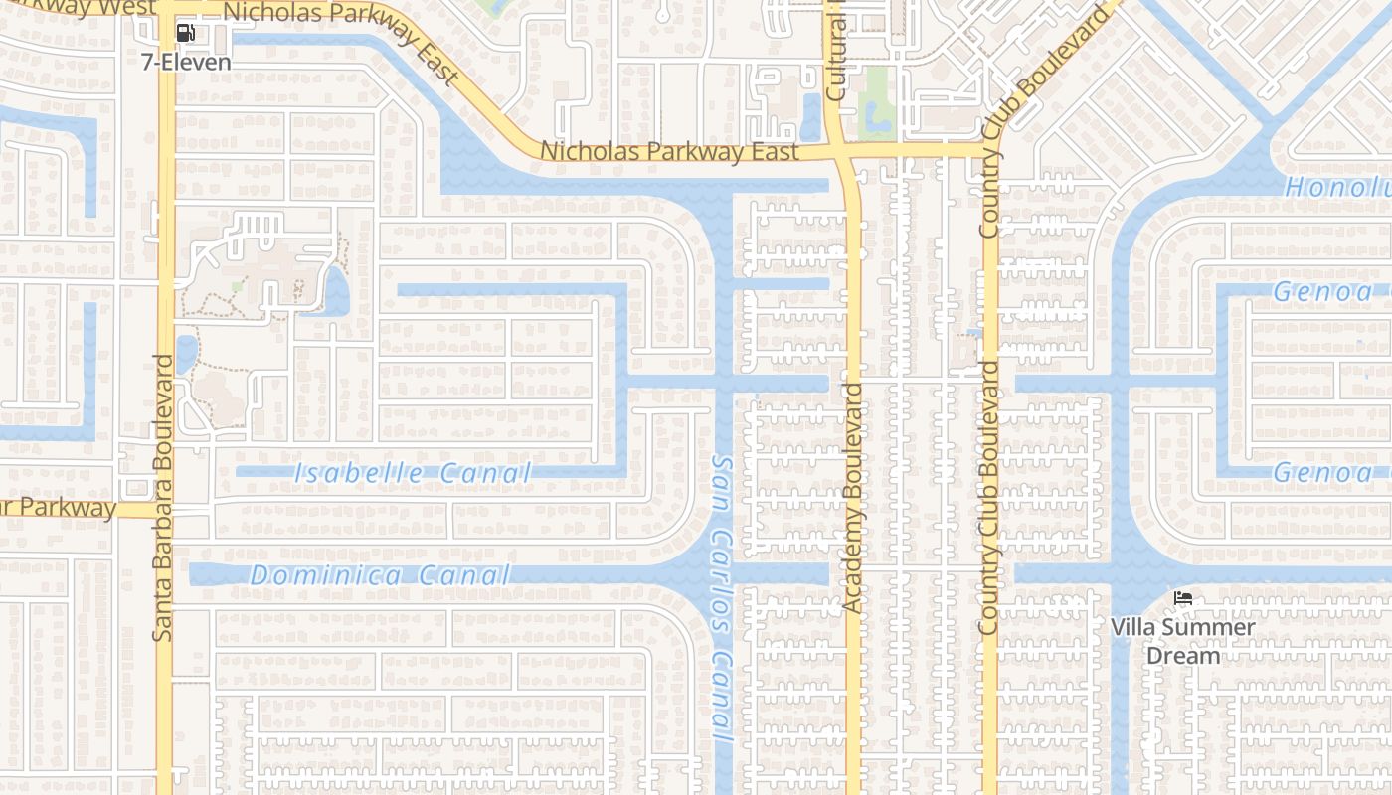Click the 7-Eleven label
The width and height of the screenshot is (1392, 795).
tap(186, 62)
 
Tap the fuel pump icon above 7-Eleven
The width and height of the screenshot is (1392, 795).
tap(185, 33)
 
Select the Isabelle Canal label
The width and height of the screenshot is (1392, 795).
tap(413, 474)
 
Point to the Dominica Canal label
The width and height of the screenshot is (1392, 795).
tap(380, 575)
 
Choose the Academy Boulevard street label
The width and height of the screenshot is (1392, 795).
tap(852, 497)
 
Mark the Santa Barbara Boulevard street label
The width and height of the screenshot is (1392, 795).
tap(164, 497)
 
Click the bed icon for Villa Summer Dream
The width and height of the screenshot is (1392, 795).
tap(1182, 598)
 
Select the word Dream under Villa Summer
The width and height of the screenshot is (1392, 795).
tap(1182, 656)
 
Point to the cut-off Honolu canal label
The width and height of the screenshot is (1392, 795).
tap(1336, 187)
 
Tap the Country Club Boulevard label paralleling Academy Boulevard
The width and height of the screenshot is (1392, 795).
tap(988, 497)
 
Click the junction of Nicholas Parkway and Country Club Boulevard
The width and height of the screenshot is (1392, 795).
tap(990, 151)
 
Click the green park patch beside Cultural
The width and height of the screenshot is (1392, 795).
tap(876, 99)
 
